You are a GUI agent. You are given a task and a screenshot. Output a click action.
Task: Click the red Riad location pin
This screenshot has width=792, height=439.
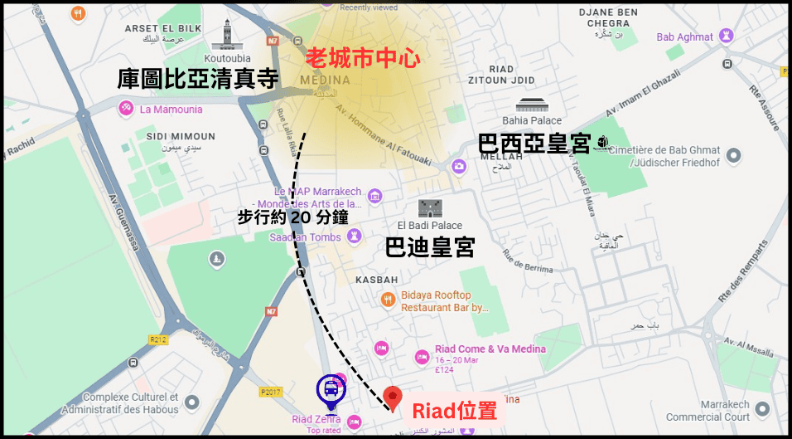pyautogui.click(x=393, y=397)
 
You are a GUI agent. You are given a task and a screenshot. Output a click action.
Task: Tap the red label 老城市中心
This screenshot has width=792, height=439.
pyautogui.click(x=364, y=57)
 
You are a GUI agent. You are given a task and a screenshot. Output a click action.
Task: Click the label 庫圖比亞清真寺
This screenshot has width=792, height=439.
pyautogui.click(x=197, y=79)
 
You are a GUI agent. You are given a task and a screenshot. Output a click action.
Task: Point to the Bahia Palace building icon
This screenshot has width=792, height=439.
pyautogui.click(x=531, y=105)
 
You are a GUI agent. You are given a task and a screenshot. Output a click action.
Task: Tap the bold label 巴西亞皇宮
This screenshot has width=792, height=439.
pyautogui.click(x=534, y=144)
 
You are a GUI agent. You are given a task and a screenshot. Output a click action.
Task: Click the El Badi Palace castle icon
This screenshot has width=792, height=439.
pyautogui.click(x=430, y=208)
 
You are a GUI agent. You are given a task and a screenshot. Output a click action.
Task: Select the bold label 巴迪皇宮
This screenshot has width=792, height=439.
pyautogui.click(x=430, y=246)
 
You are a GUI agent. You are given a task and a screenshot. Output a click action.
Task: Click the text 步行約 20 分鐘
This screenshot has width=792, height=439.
pyautogui.click(x=292, y=217)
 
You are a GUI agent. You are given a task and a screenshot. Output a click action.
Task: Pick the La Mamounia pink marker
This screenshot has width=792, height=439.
pyautogui.click(x=127, y=109)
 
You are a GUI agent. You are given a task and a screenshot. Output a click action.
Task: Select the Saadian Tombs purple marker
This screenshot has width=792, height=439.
pyautogui.click(x=355, y=237)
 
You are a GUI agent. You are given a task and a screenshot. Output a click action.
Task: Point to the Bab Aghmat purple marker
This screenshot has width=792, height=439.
pyautogui.click(x=727, y=37)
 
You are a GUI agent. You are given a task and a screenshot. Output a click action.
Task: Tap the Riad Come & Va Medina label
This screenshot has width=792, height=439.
pyautogui.click(x=490, y=349)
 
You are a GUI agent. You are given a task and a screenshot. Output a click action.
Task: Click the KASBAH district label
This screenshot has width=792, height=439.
pyautogui.click(x=377, y=280)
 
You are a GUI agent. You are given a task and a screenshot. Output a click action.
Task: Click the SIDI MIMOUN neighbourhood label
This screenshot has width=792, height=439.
pyautogui.click(x=180, y=136)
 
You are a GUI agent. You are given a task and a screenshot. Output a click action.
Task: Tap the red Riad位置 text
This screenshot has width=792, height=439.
pyautogui.click(x=455, y=411)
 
